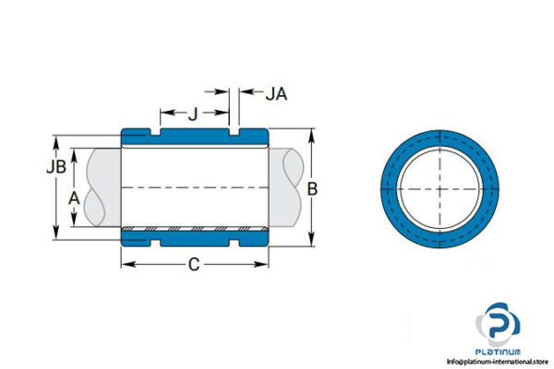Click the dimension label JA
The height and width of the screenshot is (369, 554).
pos(276,93)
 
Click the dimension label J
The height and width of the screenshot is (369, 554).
pos(192,114)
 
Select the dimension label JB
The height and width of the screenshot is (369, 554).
pos(55,168)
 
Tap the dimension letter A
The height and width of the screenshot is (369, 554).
pos(74,196)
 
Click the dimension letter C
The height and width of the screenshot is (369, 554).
pos(194,265)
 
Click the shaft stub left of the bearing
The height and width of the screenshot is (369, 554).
pos(102,187)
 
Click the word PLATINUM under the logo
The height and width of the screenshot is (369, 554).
pos(500,351)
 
